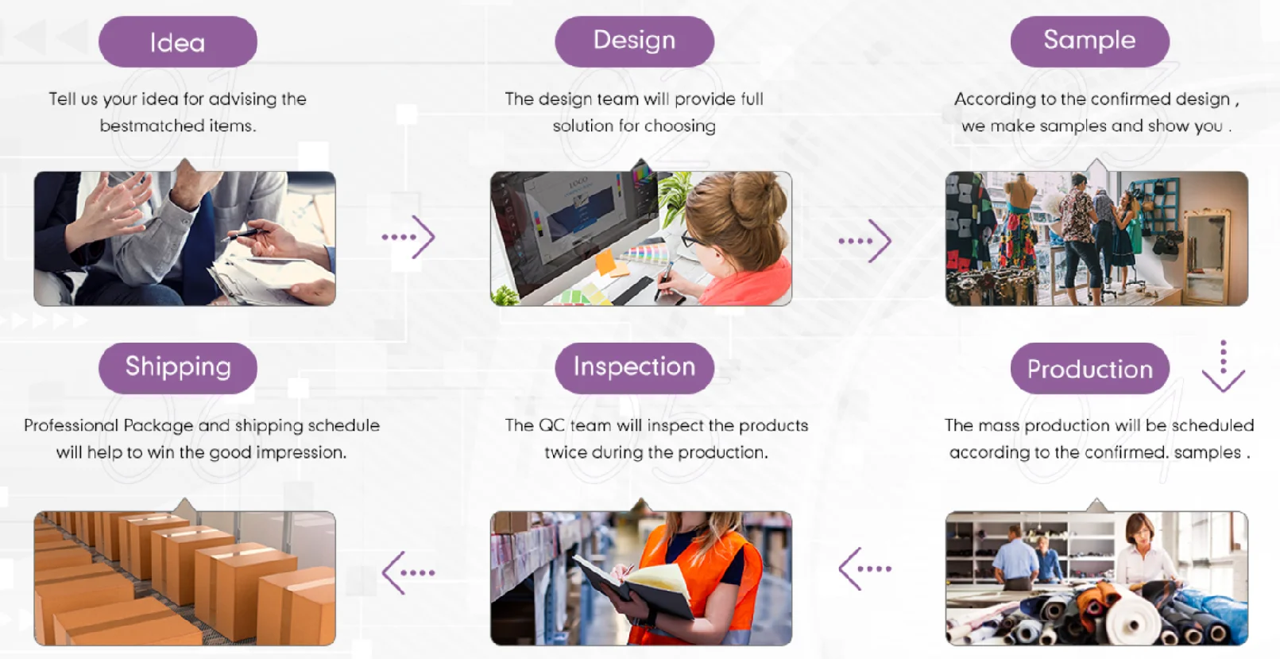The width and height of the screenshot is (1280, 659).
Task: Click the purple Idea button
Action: click(x=178, y=41)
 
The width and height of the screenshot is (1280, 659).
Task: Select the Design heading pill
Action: click(x=634, y=41)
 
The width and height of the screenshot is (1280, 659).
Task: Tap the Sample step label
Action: click(x=1090, y=41)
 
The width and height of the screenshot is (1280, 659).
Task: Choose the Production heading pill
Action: click(x=1090, y=368)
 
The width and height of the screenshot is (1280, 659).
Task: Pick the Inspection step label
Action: click(x=634, y=368)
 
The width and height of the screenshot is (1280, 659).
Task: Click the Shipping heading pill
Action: click(x=178, y=368)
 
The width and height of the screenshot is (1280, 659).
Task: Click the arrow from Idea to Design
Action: click(x=409, y=237)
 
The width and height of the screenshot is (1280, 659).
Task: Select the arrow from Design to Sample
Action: click(x=865, y=241)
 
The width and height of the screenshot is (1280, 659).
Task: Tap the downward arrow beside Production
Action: click(x=1223, y=366)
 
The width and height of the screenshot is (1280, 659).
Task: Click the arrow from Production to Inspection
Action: click(x=865, y=568)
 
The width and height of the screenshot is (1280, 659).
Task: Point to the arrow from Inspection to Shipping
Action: click(x=409, y=572)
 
